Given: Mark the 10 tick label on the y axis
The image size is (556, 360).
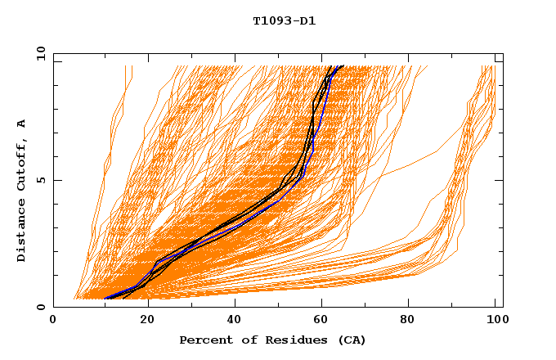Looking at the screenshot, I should click(x=40, y=53).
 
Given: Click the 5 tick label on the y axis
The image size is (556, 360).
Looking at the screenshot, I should click(x=40, y=180).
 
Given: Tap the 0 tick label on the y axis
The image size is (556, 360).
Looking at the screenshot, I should click(x=40, y=307).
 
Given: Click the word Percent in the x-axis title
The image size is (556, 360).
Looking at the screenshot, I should click(x=203, y=340).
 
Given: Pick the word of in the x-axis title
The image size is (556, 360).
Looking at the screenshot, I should click(x=240, y=340).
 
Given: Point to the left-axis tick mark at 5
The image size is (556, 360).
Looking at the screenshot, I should click(x=56, y=180).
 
